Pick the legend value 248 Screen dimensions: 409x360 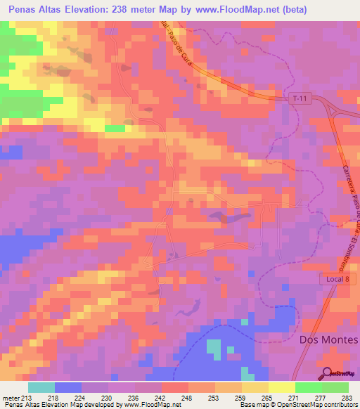tap(188, 397)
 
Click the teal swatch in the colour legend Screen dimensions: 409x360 tap(41, 387)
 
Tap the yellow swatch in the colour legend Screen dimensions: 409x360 tap(281, 387)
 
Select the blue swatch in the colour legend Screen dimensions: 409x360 tap(67, 387)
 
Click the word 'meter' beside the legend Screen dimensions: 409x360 tap(10, 397)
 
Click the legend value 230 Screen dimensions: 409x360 tap(108, 397)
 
